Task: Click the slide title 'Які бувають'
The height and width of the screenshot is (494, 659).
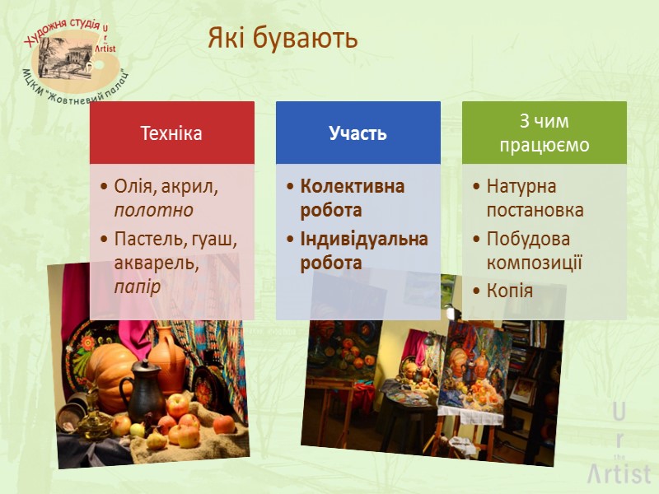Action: pos(283,38)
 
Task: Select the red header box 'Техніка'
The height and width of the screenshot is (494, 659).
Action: pos(171,133)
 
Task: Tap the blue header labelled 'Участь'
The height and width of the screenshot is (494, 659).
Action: pos(358,133)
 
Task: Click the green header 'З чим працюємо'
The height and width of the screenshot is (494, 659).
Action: pos(543,133)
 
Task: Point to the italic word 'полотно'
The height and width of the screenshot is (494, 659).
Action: pos(154,210)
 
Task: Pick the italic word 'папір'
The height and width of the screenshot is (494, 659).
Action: pos(138,285)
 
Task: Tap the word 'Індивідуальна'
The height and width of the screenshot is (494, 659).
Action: pos(364,240)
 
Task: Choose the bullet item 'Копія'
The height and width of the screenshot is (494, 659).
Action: pos(509,291)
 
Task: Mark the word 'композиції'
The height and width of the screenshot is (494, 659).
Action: pos(535,263)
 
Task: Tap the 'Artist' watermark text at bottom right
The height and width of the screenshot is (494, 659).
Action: pos(618,473)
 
